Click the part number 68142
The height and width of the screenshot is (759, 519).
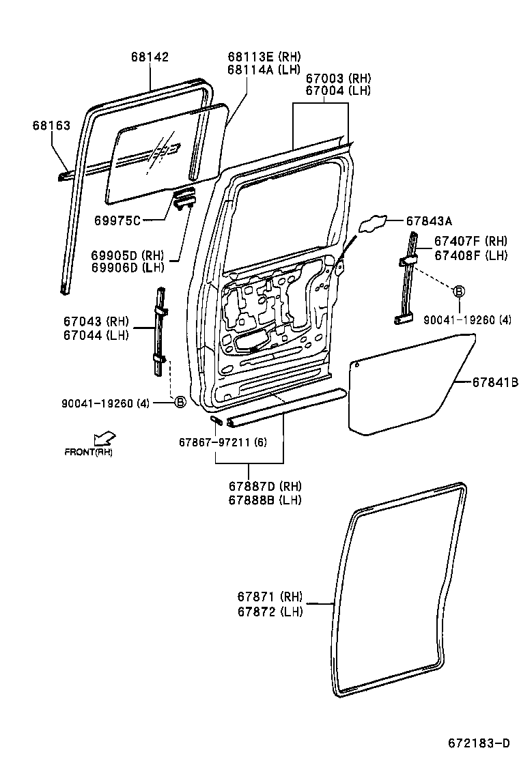(150, 57)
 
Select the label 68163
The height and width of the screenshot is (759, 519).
(51, 126)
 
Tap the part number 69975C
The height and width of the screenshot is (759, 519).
(117, 220)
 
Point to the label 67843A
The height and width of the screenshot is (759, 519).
(429, 220)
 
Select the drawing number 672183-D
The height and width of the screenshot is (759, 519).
(479, 743)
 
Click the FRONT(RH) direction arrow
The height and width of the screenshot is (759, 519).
(104, 438)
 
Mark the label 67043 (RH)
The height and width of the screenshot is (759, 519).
(96, 321)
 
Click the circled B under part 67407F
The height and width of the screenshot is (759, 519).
(459, 291)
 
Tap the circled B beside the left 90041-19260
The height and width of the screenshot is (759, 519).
(180, 402)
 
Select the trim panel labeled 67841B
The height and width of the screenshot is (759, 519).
(406, 386)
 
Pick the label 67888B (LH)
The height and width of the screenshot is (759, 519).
(266, 500)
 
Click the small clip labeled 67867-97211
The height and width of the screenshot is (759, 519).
(215, 420)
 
